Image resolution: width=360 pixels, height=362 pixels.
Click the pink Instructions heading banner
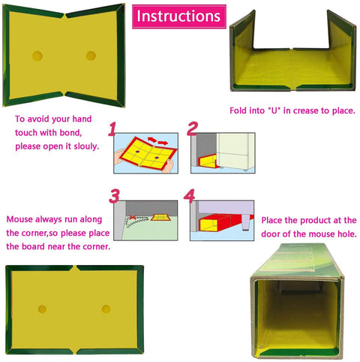click(x=179, y=17)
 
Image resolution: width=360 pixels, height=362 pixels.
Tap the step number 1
click(x=112, y=129)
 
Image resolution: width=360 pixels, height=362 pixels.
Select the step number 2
click(x=193, y=128)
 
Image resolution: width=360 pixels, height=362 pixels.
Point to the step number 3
click(x=114, y=196)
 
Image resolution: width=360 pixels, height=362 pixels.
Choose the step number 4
click(x=189, y=196)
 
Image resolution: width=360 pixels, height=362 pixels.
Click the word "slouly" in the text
click(x=85, y=146)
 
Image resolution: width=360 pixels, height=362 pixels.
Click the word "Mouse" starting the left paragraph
click(x=19, y=219)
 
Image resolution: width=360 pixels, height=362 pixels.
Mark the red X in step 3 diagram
click(x=132, y=217)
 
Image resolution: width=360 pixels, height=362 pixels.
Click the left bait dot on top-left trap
click(x=37, y=56)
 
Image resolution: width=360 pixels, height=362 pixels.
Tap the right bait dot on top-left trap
click(x=91, y=56)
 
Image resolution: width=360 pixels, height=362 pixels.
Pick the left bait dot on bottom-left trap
click(x=42, y=309)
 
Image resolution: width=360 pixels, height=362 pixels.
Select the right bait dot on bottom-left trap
click(x=106, y=309)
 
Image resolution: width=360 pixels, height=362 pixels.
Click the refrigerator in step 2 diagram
click(x=235, y=150)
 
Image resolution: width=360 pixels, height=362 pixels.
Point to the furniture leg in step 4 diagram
click(x=246, y=222)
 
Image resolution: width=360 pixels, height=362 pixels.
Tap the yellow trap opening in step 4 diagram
click(x=208, y=225)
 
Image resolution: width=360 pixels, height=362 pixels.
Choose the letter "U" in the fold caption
click(x=274, y=110)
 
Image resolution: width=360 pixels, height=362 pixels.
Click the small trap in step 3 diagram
click(x=160, y=217)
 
